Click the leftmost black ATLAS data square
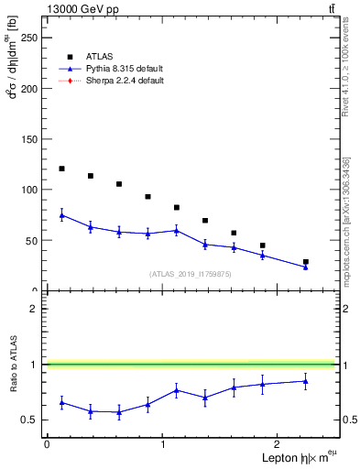tap(61, 169)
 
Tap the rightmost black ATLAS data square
tap(306, 262)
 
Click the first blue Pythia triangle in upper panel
tap(61, 215)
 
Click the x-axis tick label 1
tap(163, 444)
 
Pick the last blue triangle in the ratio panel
tap(306, 381)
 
